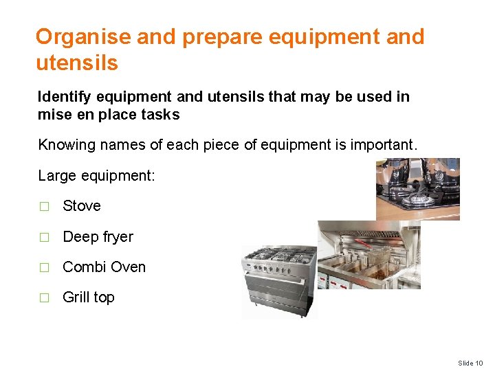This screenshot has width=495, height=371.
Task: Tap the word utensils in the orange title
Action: coord(77,64)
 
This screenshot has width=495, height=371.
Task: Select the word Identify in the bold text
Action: coord(65,97)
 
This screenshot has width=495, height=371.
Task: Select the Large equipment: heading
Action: coord(97,175)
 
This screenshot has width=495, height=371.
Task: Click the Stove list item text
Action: coord(82,206)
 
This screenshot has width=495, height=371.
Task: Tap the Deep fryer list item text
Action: coord(98,237)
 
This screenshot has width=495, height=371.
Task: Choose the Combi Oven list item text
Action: coord(104,267)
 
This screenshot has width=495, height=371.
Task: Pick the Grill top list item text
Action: coord(89,297)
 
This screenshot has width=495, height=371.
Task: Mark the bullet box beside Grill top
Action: coord(45,298)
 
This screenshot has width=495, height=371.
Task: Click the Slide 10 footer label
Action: coord(470,363)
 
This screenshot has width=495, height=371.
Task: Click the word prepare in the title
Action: coord(220,37)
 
